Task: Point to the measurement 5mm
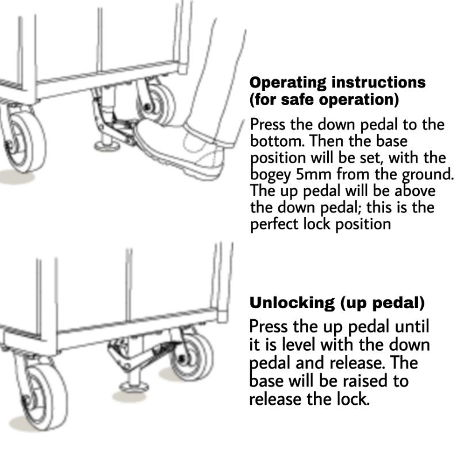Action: pos(318,174)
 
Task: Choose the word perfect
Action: pos(274,224)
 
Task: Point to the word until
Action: pos(412,327)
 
